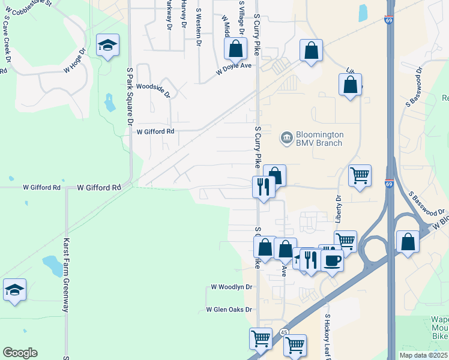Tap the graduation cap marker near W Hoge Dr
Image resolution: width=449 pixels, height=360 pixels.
pos(108,46)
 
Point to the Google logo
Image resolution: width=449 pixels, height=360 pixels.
pos(20,352)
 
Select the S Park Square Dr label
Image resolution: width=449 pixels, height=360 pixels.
pos(129,97)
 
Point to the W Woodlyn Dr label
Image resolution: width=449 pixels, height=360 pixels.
pos(231,287)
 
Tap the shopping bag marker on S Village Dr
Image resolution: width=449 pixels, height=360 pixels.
pos(237,49)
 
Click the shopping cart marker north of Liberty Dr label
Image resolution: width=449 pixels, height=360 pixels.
pos(360,176)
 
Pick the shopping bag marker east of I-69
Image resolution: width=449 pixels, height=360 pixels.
pos(408,242)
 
